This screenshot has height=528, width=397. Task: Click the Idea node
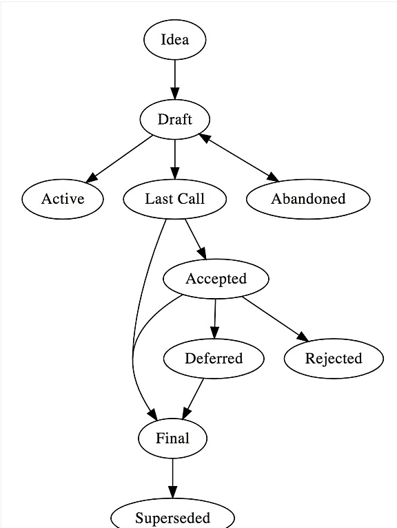coord(174,39)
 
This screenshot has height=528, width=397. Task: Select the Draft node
coord(175,119)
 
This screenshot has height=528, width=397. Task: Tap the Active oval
coord(63,199)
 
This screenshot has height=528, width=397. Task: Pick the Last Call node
coord(174,199)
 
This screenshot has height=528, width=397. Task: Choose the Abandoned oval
coord(308,199)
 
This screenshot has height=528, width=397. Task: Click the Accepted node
coord(216,279)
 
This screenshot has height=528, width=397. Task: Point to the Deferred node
coord(214,359)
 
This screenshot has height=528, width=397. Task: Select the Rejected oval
coord(334,359)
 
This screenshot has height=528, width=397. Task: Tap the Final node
coord(172,439)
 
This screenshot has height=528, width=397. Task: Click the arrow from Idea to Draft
coord(175,79)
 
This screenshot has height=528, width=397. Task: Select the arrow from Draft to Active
coord(119,159)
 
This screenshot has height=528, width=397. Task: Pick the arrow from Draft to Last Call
coord(175,159)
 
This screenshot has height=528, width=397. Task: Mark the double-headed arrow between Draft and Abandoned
coord(239,158)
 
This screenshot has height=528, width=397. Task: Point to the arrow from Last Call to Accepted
coord(196,240)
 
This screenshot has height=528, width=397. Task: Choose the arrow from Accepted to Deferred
coord(215,319)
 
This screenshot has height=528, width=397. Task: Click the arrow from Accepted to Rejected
coord(275,319)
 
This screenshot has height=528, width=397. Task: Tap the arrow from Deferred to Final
coord(193,399)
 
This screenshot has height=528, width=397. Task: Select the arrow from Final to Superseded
coord(172,478)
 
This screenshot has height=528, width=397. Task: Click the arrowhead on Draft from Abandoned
coord(204,138)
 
